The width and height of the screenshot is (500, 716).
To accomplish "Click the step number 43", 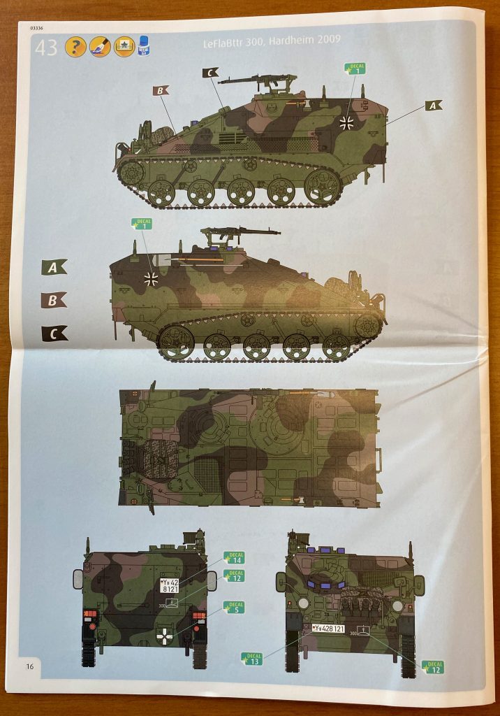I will [x=46, y=48].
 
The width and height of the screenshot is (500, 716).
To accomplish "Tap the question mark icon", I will [x=75, y=47].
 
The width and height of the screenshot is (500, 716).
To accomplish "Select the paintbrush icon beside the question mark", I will [x=100, y=47].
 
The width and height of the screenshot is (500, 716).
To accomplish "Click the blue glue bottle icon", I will [x=145, y=46].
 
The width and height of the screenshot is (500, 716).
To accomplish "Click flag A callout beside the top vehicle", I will [x=433, y=106].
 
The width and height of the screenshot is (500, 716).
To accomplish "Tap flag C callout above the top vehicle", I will [x=210, y=72].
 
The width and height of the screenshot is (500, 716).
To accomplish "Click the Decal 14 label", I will [x=235, y=557].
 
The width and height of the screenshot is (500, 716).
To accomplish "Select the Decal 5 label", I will [x=234, y=608].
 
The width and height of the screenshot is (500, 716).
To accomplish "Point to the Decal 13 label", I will [x=251, y=658].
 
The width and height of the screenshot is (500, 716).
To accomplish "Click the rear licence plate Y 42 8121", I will [x=169, y=585].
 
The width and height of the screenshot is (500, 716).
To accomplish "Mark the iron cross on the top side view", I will [x=346, y=123].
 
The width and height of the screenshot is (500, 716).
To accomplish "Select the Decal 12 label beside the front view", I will [x=432, y=667].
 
